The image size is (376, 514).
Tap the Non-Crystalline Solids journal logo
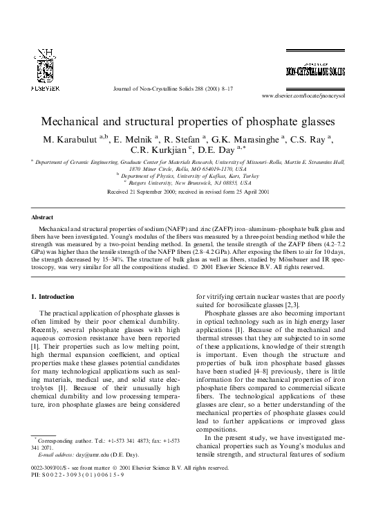tap(316, 71)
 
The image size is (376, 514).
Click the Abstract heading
tap(44, 217)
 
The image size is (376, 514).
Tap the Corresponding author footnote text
tap(68, 440)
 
